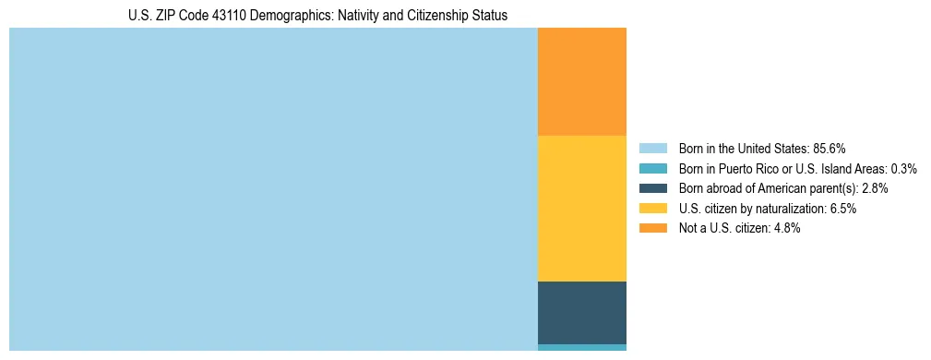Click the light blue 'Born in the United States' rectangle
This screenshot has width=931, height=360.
(273, 189)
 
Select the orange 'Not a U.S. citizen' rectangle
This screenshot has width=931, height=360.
(581, 81)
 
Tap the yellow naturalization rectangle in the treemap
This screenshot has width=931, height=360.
(581, 208)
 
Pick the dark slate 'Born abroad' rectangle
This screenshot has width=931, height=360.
(581, 312)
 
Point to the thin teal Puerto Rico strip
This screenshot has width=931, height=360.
(581, 347)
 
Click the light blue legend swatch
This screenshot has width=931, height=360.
(652, 149)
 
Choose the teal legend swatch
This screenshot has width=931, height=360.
(652, 169)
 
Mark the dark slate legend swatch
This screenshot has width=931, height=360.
(652, 188)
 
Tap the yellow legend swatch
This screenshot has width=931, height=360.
(652, 209)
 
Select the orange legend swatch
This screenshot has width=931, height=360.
(652, 229)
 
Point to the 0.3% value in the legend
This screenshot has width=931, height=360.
(903, 169)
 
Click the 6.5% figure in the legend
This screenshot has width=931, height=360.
(843, 209)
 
